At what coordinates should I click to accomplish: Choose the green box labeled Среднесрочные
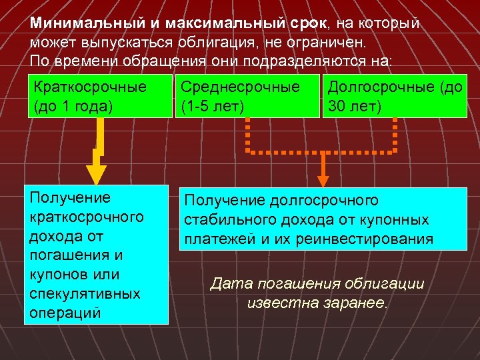pos(246,96)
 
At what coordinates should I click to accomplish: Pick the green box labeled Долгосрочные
pos(394,96)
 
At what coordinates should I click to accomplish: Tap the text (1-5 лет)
pos(211,106)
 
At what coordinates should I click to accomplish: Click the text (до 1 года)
pos(72,106)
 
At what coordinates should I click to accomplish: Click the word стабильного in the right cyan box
pos(225,219)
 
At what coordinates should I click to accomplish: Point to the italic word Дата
pos(229,284)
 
